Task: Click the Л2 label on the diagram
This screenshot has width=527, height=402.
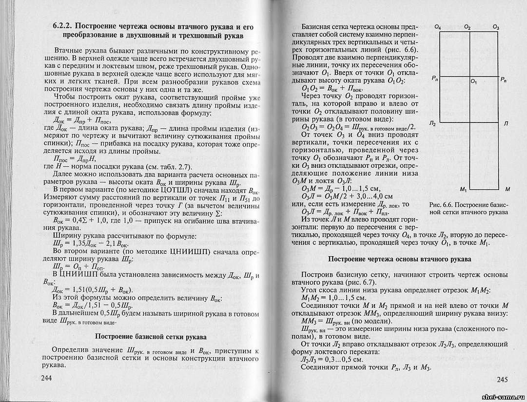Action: [433, 124]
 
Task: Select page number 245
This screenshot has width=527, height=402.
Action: [502, 380]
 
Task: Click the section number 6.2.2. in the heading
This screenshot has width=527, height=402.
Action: [63, 26]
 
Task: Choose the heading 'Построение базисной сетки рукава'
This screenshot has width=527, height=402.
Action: [150, 337]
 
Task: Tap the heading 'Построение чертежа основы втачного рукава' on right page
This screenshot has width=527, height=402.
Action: [398, 259]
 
